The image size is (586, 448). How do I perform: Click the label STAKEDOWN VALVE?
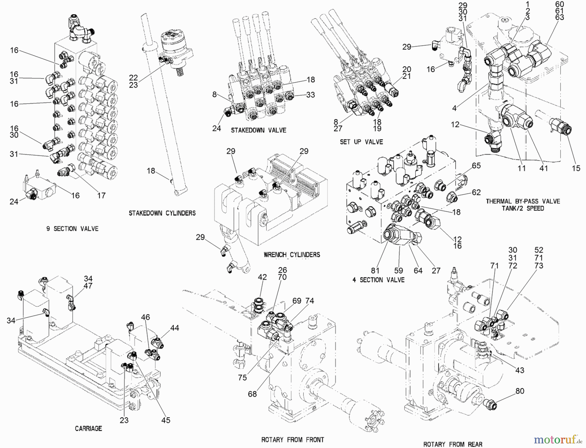click(x=258, y=130)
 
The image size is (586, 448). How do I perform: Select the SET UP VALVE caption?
click(x=361, y=142)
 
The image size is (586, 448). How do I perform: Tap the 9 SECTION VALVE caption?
click(x=72, y=229)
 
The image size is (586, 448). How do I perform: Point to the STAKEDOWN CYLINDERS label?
click(x=162, y=213)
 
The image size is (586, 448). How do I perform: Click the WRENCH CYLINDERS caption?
click(x=292, y=255)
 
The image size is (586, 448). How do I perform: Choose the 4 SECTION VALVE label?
click(x=378, y=280)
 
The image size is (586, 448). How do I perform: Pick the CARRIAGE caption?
click(x=88, y=428)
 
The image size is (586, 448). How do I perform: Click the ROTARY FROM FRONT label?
click(x=293, y=440)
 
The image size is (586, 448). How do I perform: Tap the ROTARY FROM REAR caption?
click(x=453, y=444)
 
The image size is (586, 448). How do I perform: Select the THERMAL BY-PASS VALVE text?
click(x=523, y=201)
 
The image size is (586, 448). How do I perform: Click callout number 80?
click(x=520, y=391)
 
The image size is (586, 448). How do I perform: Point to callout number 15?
click(x=576, y=168)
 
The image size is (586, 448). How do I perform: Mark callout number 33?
click(x=310, y=95)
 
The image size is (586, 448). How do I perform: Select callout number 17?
click(x=101, y=195)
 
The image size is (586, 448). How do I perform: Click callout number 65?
click(x=476, y=165)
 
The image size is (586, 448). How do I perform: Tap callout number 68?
click(x=252, y=394)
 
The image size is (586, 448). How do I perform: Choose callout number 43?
click(x=520, y=370)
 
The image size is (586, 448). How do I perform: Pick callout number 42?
click(x=262, y=277)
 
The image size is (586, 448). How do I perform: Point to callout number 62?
click(x=476, y=192)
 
